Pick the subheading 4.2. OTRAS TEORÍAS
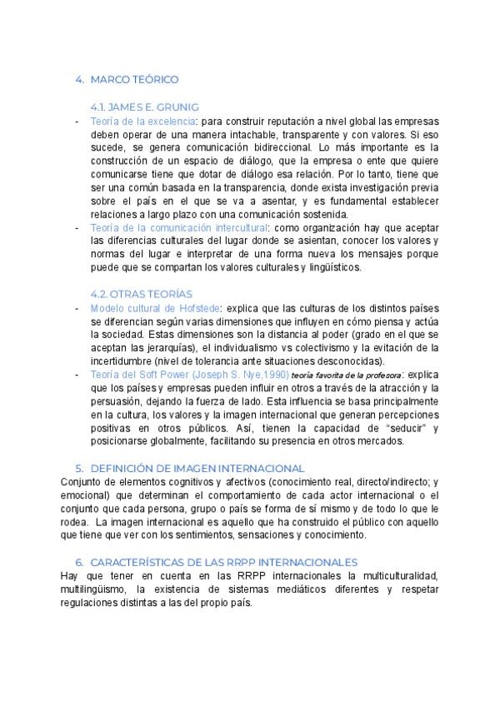tap(141, 294)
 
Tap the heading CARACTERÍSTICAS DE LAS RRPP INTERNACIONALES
tap(222, 562)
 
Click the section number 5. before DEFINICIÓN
tap(79, 469)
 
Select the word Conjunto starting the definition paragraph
tap(82, 482)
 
